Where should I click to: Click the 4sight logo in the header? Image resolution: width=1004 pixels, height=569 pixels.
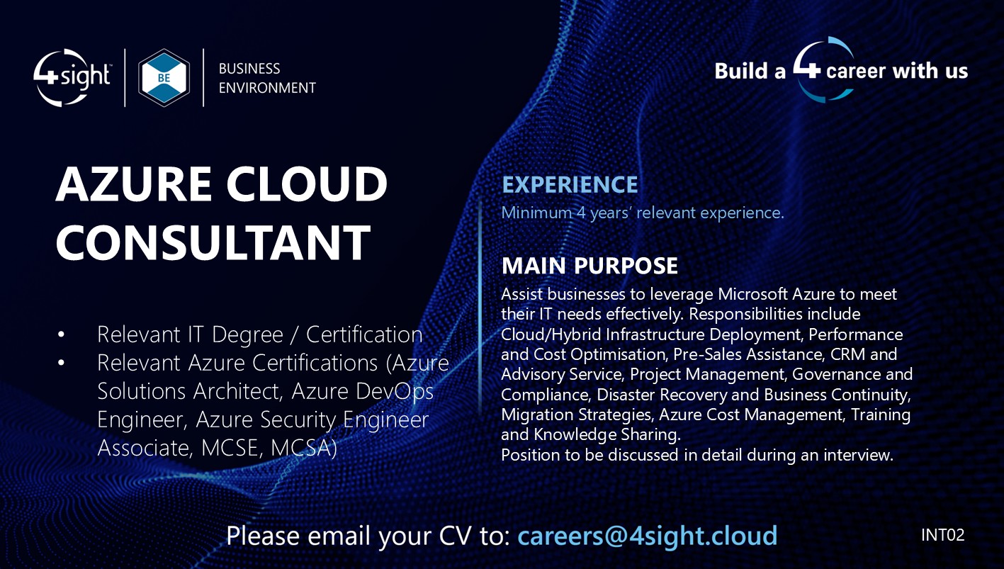coord(72,77)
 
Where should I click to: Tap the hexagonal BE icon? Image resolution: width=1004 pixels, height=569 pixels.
coord(164,78)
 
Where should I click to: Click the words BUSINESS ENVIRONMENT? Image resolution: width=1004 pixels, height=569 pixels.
coord(266,78)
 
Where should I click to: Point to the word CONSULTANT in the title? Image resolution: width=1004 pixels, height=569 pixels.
coord(213,242)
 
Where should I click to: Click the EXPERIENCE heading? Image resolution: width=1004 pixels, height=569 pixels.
coord(570,185)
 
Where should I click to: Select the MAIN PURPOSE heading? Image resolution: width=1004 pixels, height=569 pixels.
coord(590,266)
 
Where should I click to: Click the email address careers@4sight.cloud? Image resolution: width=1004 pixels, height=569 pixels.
coord(647,536)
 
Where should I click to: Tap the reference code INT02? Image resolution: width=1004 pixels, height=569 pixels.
coord(942,535)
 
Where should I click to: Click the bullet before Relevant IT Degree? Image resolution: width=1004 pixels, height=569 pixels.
coord(62,334)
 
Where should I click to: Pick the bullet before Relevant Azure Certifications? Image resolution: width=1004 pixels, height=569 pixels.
coord(62,363)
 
